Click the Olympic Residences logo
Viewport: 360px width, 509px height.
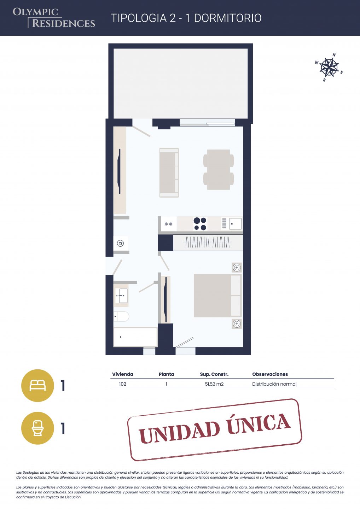[x=54, y=18]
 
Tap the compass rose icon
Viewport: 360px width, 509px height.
[x=329, y=67]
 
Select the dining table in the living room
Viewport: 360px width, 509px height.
[x=219, y=170]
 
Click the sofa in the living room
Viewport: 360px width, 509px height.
[x=169, y=172]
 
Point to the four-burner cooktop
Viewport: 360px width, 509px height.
[x=200, y=224]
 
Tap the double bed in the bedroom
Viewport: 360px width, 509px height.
[x=217, y=296]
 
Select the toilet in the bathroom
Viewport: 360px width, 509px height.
[x=121, y=316]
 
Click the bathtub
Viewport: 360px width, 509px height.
[x=135, y=337]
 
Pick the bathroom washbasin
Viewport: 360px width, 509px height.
[x=121, y=296]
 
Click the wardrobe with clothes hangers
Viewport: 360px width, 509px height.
[x=208, y=243]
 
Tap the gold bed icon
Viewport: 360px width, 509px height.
[x=37, y=386]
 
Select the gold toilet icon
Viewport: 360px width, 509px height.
[x=37, y=428]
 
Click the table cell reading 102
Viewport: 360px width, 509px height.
[x=122, y=384]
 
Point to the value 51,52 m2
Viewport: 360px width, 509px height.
[x=214, y=384]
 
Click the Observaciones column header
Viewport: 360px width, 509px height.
[x=270, y=374]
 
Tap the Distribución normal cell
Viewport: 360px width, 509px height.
[x=274, y=384]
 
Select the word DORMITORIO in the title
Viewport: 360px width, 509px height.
[x=228, y=18]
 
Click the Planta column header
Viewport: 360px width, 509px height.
[x=166, y=374]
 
